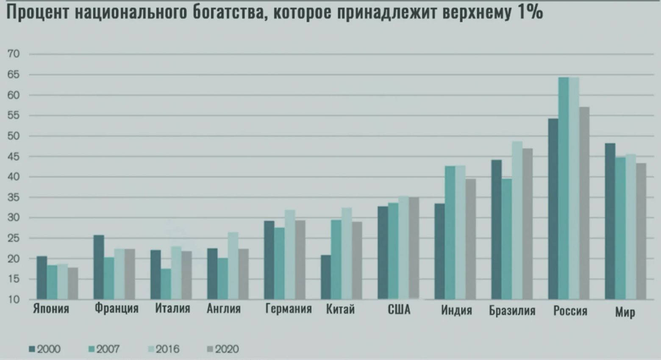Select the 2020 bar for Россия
(584, 203)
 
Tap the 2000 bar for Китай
(326, 277)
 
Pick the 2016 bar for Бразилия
(517, 220)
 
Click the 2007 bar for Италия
(166, 284)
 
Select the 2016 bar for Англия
(233, 266)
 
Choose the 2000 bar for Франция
(99, 267)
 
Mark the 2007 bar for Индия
(450, 233)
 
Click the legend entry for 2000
(45, 349)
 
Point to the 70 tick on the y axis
(14, 54)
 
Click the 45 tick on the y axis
(14, 157)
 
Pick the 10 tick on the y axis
(14, 299)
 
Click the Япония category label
(51, 309)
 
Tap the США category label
(399, 310)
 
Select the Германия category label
(288, 309)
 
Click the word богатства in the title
(229, 13)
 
